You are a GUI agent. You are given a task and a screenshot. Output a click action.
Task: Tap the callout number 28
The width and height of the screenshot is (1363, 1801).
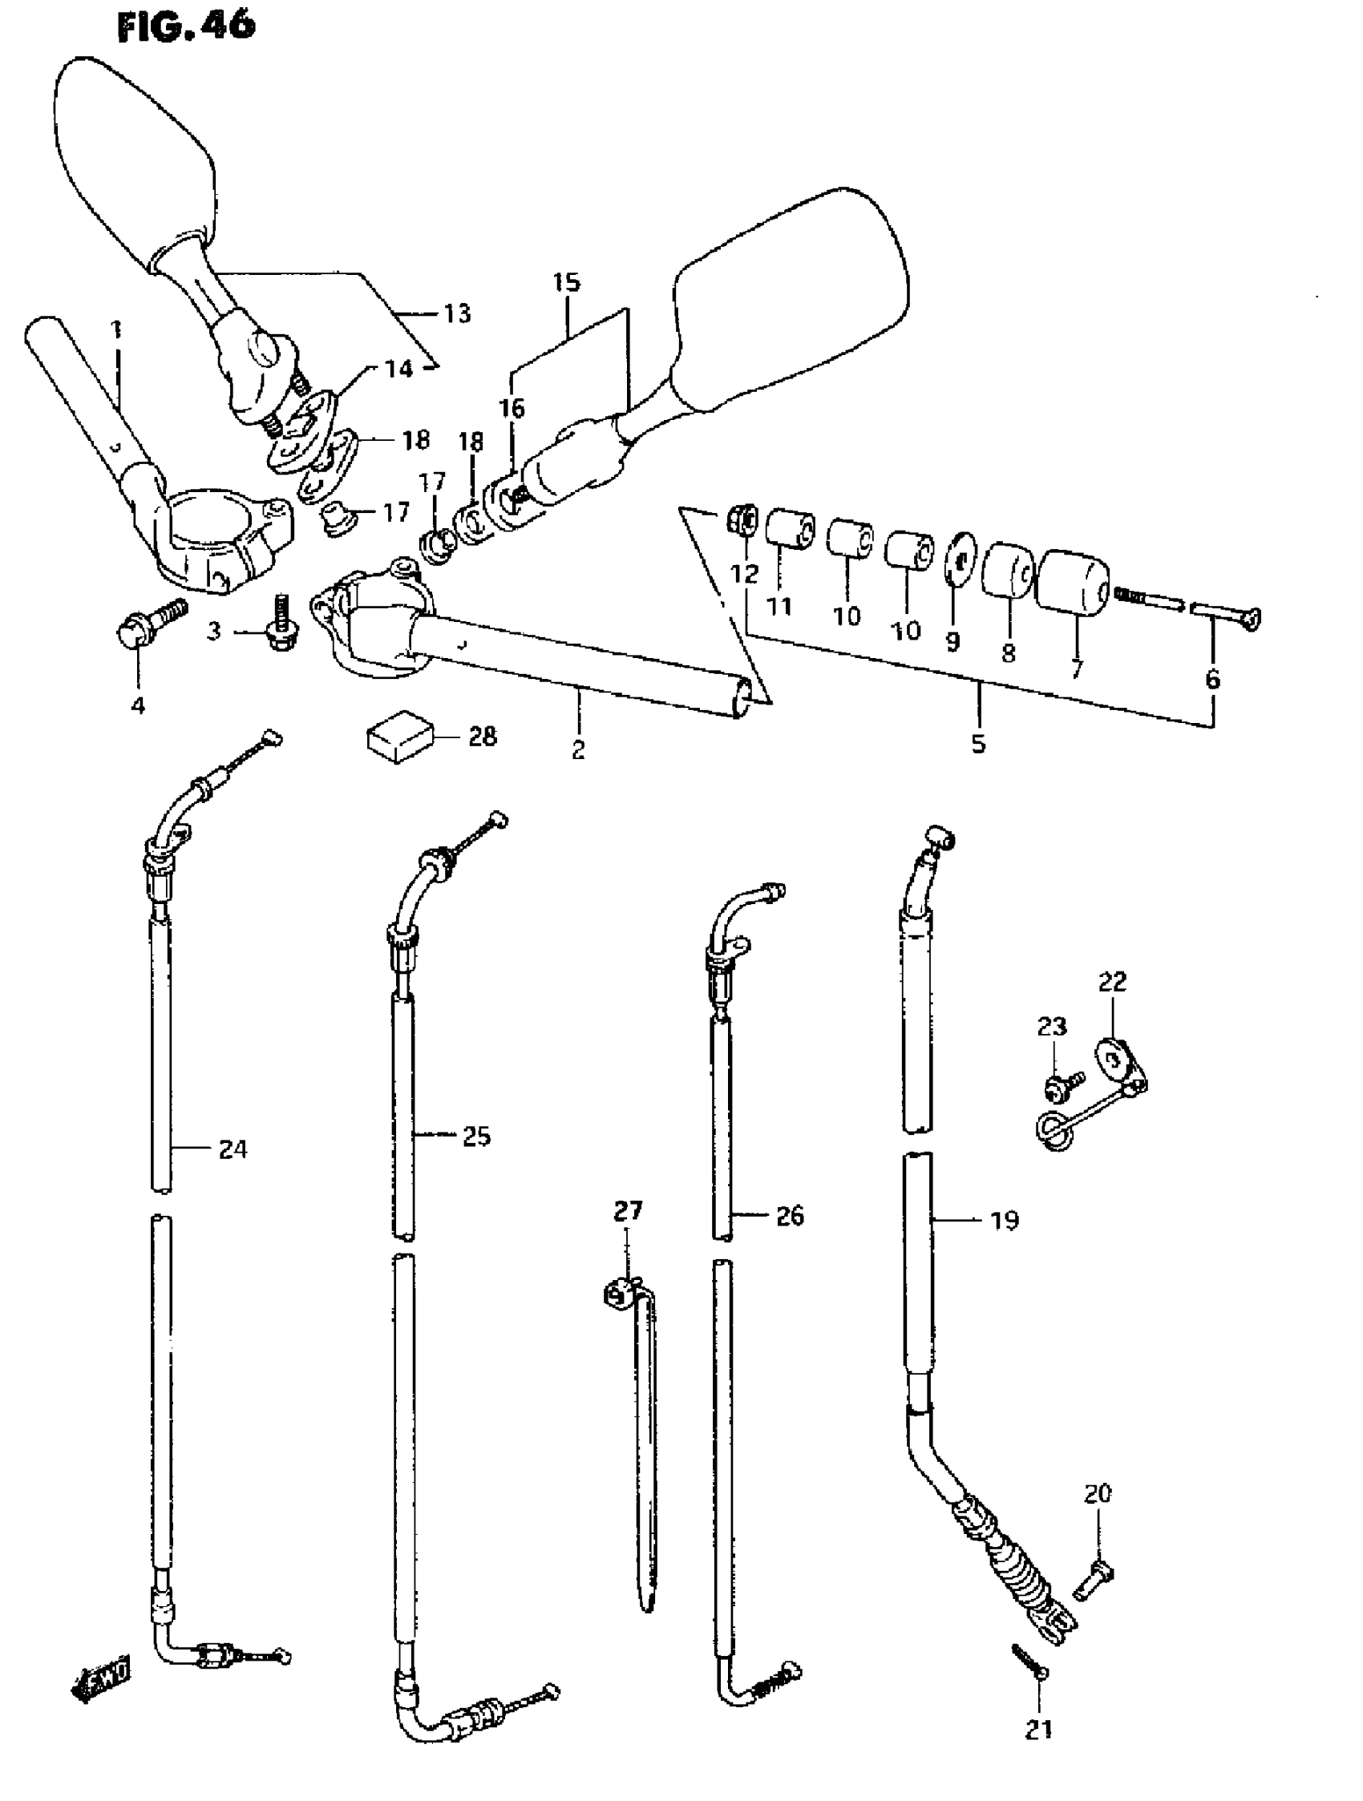483,736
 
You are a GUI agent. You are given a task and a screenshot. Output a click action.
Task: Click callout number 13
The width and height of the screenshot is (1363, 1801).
458,313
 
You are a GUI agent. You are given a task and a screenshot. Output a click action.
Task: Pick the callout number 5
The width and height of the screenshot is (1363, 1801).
978,742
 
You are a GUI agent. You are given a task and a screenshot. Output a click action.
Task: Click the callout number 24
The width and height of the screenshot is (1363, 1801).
233,1149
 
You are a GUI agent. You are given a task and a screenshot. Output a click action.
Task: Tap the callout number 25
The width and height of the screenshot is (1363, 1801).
476,1136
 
